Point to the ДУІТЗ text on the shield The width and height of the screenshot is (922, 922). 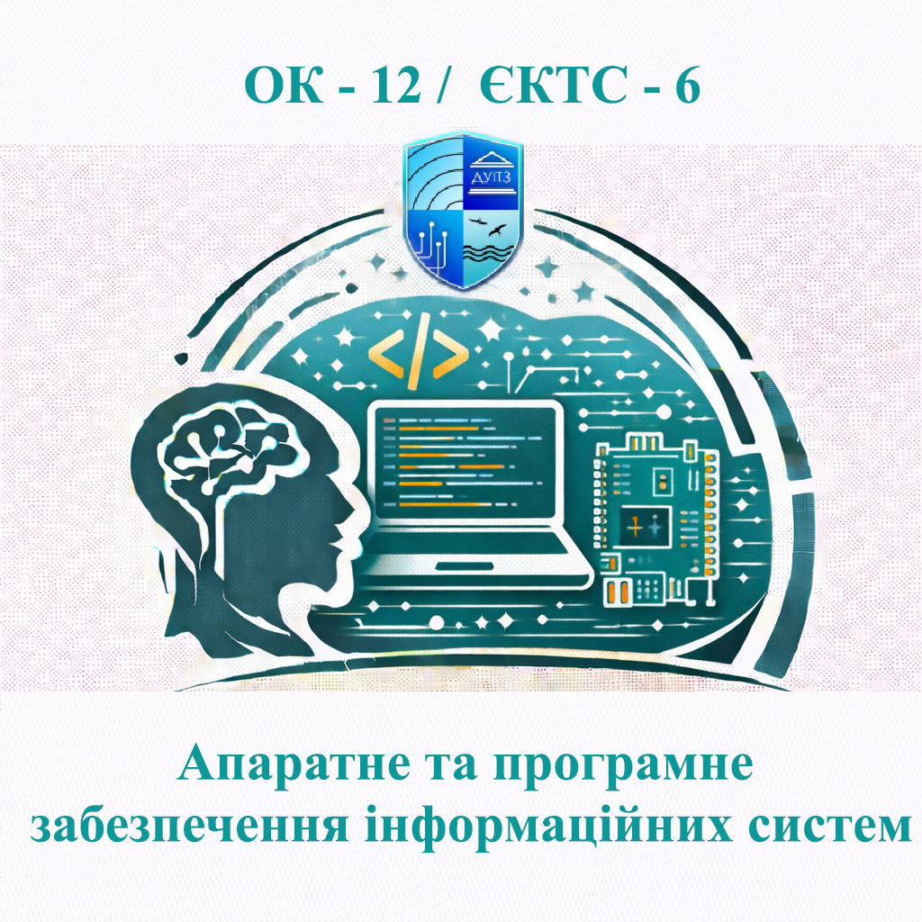click(x=490, y=179)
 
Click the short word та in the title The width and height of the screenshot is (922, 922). click(x=437, y=768)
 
